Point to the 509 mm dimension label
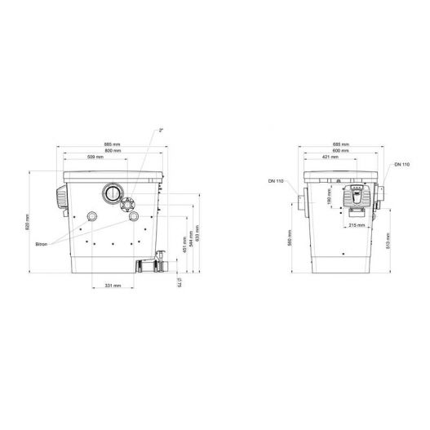[95, 157]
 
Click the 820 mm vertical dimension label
[26, 222]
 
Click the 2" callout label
[162, 129]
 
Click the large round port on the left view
[112, 194]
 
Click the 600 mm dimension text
[341, 151]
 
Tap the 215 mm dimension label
[357, 226]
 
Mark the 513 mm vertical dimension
[388, 240]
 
